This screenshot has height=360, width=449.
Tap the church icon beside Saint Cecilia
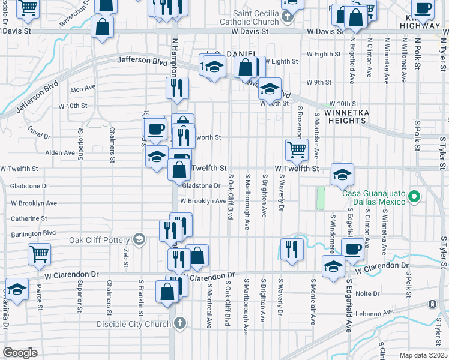[x=288, y=16]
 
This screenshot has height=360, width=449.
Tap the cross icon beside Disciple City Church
[x=179, y=325]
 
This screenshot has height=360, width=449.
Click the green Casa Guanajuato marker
[x=414, y=196]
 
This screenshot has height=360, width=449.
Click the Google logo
[x=20, y=352]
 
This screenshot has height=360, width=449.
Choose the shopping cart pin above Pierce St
[x=39, y=254]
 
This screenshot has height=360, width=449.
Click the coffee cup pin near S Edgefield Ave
[x=352, y=248]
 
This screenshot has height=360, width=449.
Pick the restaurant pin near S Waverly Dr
[x=291, y=248]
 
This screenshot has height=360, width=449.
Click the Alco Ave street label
[x=83, y=88]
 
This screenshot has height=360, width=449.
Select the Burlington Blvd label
[x=33, y=232]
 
